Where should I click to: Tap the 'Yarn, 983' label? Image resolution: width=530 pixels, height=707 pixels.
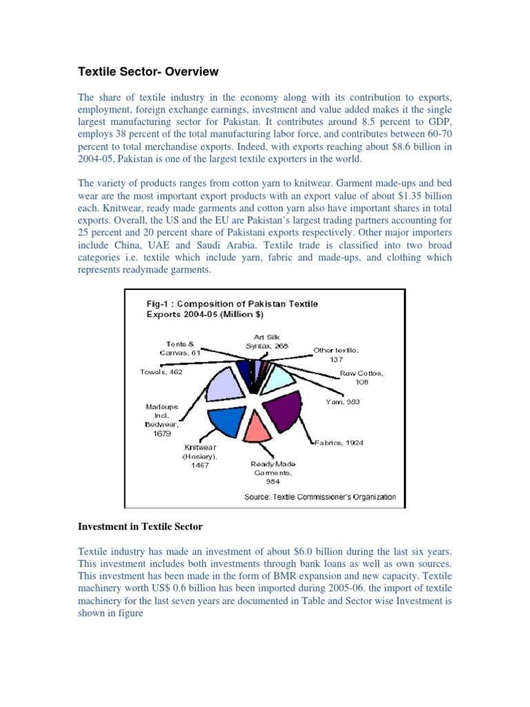(343, 400)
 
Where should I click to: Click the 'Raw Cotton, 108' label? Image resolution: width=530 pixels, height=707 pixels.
(361, 376)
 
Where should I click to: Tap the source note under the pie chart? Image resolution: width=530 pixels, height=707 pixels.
(320, 496)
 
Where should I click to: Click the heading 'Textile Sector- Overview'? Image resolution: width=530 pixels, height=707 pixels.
(147, 72)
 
